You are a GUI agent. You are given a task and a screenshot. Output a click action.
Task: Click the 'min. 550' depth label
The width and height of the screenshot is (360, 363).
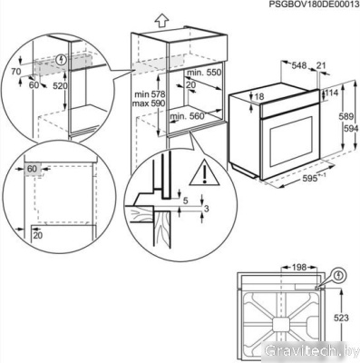click(x=203, y=71)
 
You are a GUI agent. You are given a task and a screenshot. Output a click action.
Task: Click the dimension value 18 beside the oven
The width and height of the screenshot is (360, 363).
click(x=259, y=96)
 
